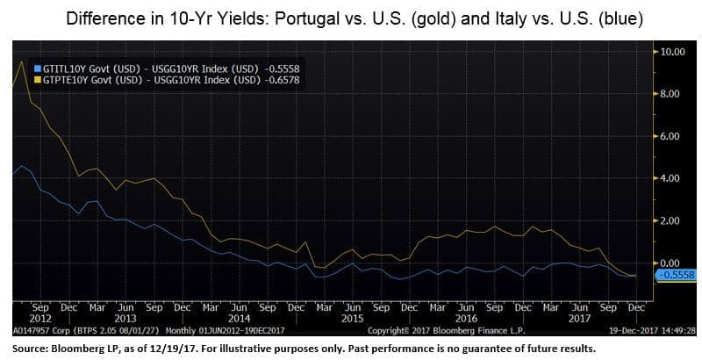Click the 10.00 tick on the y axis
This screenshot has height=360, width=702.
coord(673,52)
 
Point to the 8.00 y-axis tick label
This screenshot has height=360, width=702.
coord(673,94)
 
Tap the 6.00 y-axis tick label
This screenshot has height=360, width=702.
coord(673,136)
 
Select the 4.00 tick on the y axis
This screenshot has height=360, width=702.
coord(673,178)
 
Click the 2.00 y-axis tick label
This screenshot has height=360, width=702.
coord(673,220)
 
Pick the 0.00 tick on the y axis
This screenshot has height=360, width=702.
coord(673,263)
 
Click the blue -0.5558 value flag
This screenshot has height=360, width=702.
coord(676,275)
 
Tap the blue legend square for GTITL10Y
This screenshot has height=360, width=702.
coord(38,68)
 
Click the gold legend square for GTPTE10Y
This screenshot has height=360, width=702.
coord(38,80)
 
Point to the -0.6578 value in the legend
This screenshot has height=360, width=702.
coord(282,80)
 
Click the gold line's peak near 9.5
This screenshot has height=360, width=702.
coord(21,61)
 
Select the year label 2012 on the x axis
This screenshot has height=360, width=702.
coord(40,319)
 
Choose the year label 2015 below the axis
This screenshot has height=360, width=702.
coord(353,319)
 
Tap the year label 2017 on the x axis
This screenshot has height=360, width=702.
coord(580,319)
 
